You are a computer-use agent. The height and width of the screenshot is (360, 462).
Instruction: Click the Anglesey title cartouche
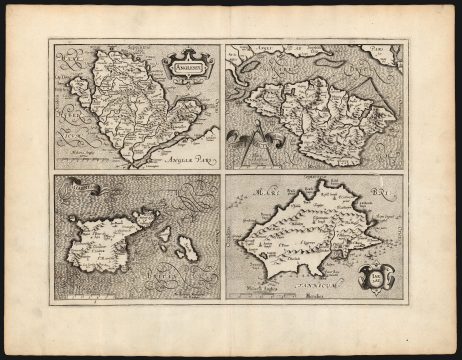(183, 65)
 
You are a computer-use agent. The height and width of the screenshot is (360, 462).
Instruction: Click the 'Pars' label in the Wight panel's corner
(378, 48)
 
